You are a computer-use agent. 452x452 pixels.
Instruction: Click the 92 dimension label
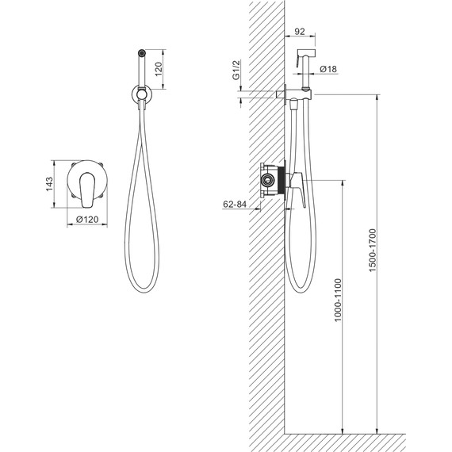(x=300, y=32)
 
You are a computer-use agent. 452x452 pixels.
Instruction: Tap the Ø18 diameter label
(x=328, y=69)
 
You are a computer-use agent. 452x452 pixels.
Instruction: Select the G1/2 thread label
(x=236, y=70)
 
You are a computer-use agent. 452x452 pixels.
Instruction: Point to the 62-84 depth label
(x=235, y=204)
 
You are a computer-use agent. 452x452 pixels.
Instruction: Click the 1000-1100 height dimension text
(x=338, y=300)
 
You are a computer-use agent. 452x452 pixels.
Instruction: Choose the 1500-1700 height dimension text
(x=373, y=251)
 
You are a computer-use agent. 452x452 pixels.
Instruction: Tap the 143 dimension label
(x=49, y=184)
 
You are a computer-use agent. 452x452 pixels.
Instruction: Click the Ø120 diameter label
(x=87, y=220)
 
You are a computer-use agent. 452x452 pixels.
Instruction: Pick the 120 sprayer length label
(x=159, y=69)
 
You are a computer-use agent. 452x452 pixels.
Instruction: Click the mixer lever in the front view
(x=87, y=190)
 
